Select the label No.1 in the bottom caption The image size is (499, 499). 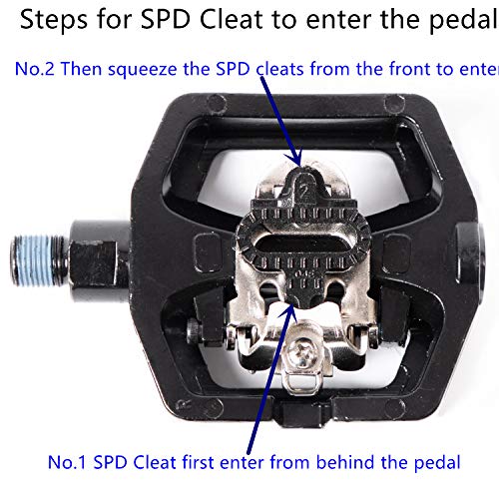[x=69, y=462]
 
